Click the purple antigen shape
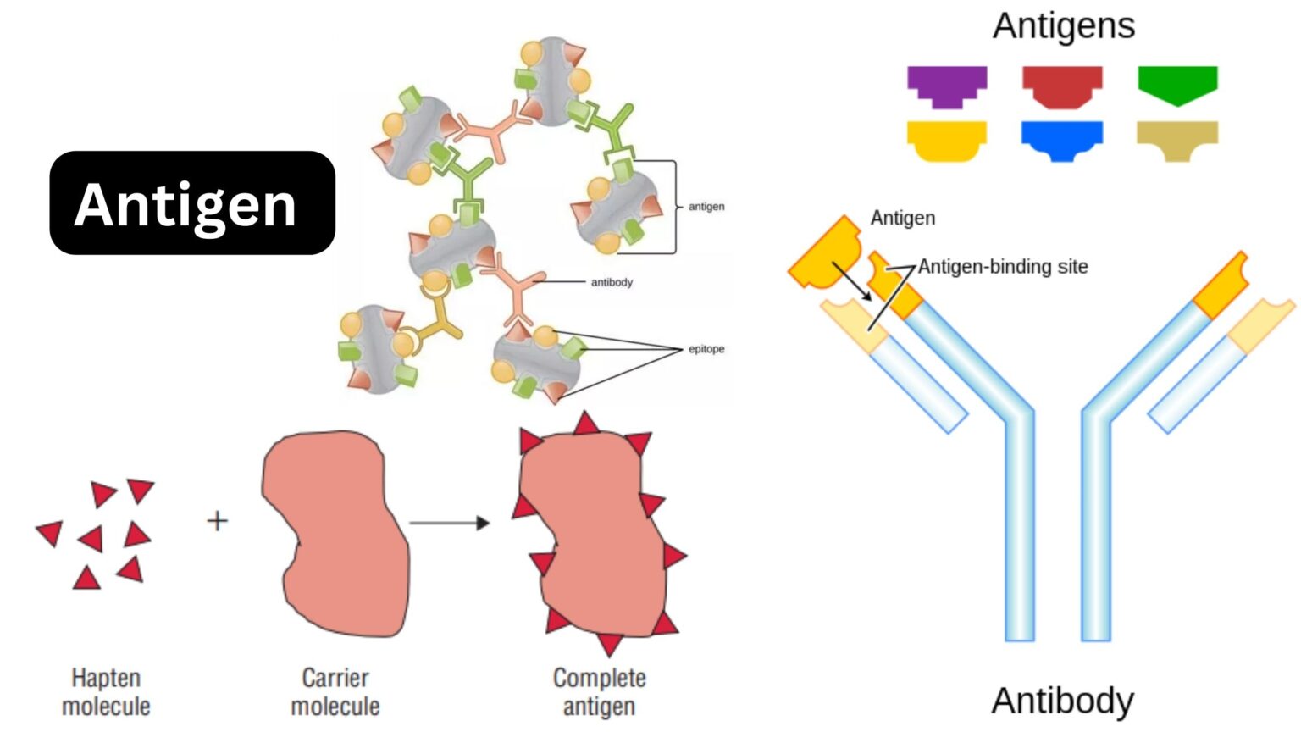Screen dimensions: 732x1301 (947, 85)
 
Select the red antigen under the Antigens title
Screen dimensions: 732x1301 (1062, 86)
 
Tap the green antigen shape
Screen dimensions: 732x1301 (1177, 84)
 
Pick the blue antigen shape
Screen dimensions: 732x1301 (1062, 139)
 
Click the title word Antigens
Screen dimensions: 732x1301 (1064, 25)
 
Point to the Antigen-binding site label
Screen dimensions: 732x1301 (1003, 267)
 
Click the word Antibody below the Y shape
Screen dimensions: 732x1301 (1063, 701)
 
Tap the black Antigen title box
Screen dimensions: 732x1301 (192, 203)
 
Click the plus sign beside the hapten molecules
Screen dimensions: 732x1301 (218, 520)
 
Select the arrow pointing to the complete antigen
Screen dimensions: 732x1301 (449, 523)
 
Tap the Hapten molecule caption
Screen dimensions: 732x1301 (106, 691)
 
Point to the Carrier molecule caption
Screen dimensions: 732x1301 (335, 691)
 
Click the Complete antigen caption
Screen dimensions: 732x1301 (599, 691)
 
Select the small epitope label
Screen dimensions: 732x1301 (706, 349)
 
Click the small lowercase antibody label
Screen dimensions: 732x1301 (612, 282)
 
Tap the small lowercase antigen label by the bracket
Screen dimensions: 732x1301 (706, 207)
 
